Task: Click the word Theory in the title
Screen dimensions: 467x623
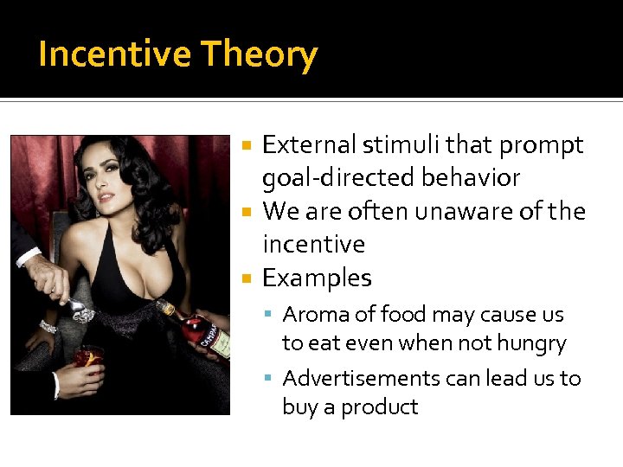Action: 260,54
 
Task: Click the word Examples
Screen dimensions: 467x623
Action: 317,278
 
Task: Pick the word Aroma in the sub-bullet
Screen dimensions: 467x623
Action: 317,314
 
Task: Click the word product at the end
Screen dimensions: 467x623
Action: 380,407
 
